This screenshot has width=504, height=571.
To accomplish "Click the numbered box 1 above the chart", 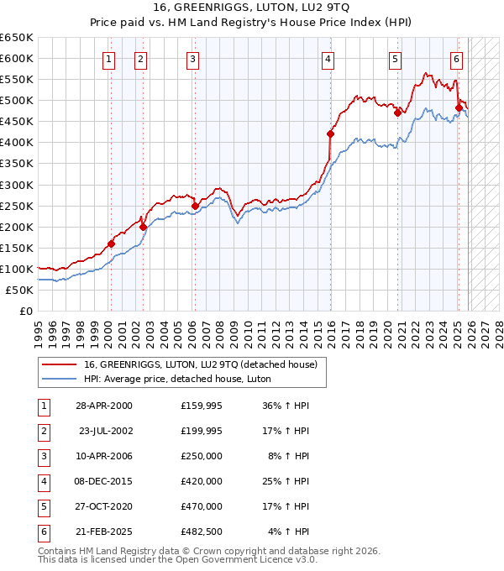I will (x=111, y=59).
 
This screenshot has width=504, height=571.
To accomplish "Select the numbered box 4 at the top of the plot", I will (x=328, y=59).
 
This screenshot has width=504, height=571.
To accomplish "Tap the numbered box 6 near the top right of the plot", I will (x=456, y=59).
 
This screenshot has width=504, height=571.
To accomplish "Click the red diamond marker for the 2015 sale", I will (x=330, y=134).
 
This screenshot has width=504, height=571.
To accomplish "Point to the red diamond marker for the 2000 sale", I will (x=111, y=244).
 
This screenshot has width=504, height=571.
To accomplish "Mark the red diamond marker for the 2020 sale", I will (x=397, y=113).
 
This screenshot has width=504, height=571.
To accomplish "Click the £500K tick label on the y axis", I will (x=17, y=100).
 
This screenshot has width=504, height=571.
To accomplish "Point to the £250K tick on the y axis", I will (x=17, y=206).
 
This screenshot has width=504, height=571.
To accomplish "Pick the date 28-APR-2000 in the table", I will (x=103, y=406).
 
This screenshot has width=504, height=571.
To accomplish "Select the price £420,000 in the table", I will (x=202, y=481).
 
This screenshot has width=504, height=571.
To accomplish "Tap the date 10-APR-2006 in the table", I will (x=103, y=456).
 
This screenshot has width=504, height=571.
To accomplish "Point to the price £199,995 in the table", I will (x=202, y=431).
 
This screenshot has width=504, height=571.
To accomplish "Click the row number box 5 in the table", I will (x=42, y=506).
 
